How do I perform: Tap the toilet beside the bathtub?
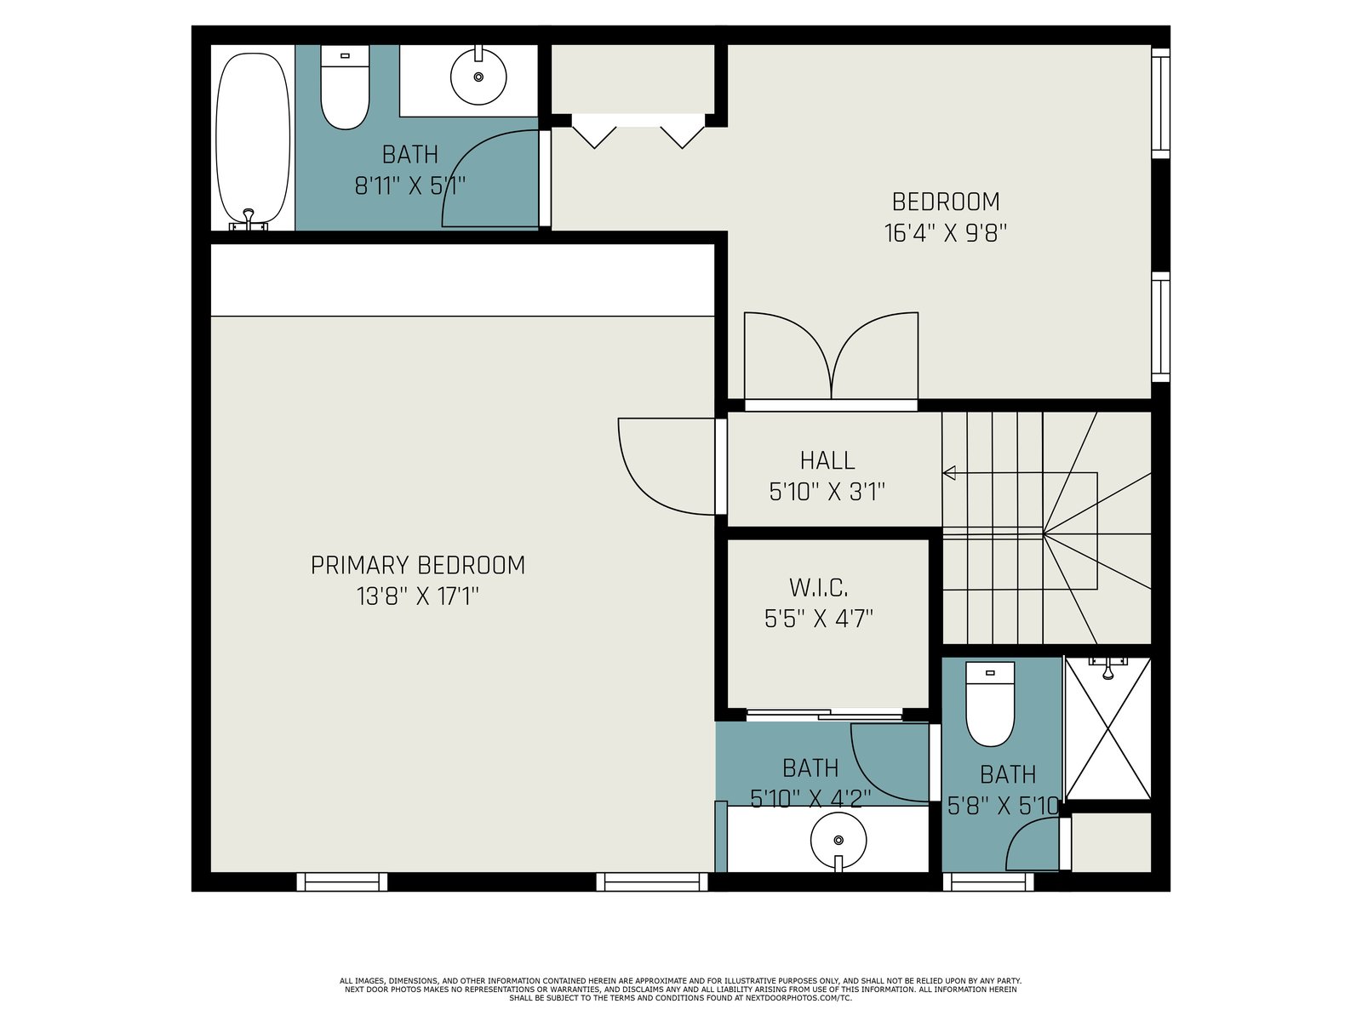tap(345, 88)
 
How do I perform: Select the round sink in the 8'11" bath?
tap(478, 76)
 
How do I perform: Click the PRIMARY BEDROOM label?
tap(418, 565)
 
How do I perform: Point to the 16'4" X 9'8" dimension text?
tap(945, 234)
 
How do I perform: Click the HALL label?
tap(827, 460)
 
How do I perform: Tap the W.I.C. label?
tap(818, 588)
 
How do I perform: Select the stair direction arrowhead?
tap(949, 474)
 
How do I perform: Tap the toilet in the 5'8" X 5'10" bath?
tap(990, 704)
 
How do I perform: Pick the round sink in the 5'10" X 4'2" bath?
tap(838, 841)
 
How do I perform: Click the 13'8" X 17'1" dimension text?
tap(418, 597)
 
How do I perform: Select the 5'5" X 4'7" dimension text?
tap(818, 619)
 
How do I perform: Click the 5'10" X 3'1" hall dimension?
tap(827, 493)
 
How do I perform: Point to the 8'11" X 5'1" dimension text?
tap(409, 185)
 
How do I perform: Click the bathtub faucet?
tap(249, 220)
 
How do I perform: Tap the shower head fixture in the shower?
tap(1107, 667)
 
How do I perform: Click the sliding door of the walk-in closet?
tap(824, 714)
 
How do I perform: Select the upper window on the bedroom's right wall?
tap(1160, 103)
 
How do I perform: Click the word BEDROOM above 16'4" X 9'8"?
tap(946, 202)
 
